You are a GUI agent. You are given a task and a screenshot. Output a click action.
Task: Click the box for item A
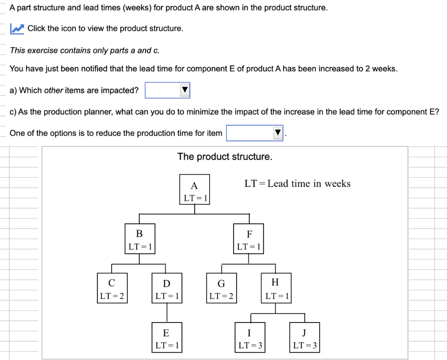tap(194, 189)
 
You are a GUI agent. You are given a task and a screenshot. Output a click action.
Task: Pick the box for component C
tap(112, 288)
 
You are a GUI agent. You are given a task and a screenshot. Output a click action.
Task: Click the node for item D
tap(167, 288)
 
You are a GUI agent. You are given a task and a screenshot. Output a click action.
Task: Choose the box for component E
tap(167, 337)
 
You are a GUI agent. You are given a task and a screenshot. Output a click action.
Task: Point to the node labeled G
tap(221, 288)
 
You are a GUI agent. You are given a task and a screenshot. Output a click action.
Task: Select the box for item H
tap(275, 288)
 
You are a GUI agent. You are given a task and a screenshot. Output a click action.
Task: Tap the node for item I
tap(249, 337)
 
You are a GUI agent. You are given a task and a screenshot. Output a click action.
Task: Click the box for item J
tap(304, 337)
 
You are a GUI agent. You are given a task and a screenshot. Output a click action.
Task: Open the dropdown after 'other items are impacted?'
tap(168, 90)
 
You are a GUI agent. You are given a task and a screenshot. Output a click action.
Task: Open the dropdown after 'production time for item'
tap(255, 133)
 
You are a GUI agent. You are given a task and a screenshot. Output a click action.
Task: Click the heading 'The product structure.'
tap(225, 157)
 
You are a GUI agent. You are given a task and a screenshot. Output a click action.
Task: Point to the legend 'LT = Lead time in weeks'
tap(297, 184)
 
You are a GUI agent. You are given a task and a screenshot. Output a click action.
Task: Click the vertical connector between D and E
tap(167, 312)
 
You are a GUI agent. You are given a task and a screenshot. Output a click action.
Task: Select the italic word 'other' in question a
tap(54, 90)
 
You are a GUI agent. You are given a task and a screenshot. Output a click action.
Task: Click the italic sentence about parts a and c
tap(85, 50)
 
